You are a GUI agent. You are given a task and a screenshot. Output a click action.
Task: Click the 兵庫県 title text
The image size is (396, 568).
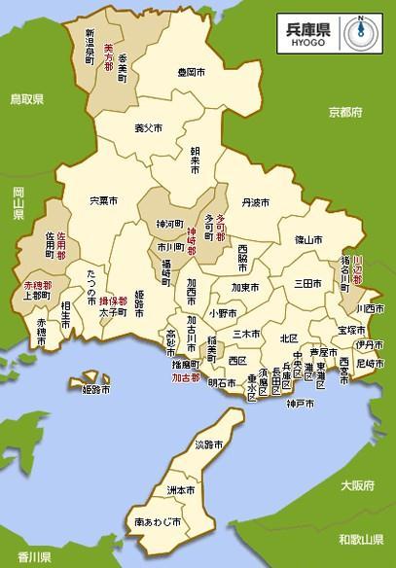pyautogui.click(x=308, y=24)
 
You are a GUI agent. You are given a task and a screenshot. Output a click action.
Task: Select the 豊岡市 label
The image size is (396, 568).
pyautogui.click(x=191, y=72)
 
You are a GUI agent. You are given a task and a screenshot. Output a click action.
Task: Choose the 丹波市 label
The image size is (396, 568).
pyautogui.click(x=256, y=203)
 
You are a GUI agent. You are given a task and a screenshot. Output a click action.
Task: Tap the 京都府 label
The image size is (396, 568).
pyautogui.click(x=344, y=112)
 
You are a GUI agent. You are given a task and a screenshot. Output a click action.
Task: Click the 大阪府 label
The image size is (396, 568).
pyautogui.click(x=355, y=484)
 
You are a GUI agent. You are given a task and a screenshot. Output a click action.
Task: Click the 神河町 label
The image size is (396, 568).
pyautogui.click(x=156, y=224)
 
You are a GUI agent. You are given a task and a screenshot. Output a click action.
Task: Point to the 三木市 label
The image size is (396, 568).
pyautogui.click(x=248, y=334)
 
